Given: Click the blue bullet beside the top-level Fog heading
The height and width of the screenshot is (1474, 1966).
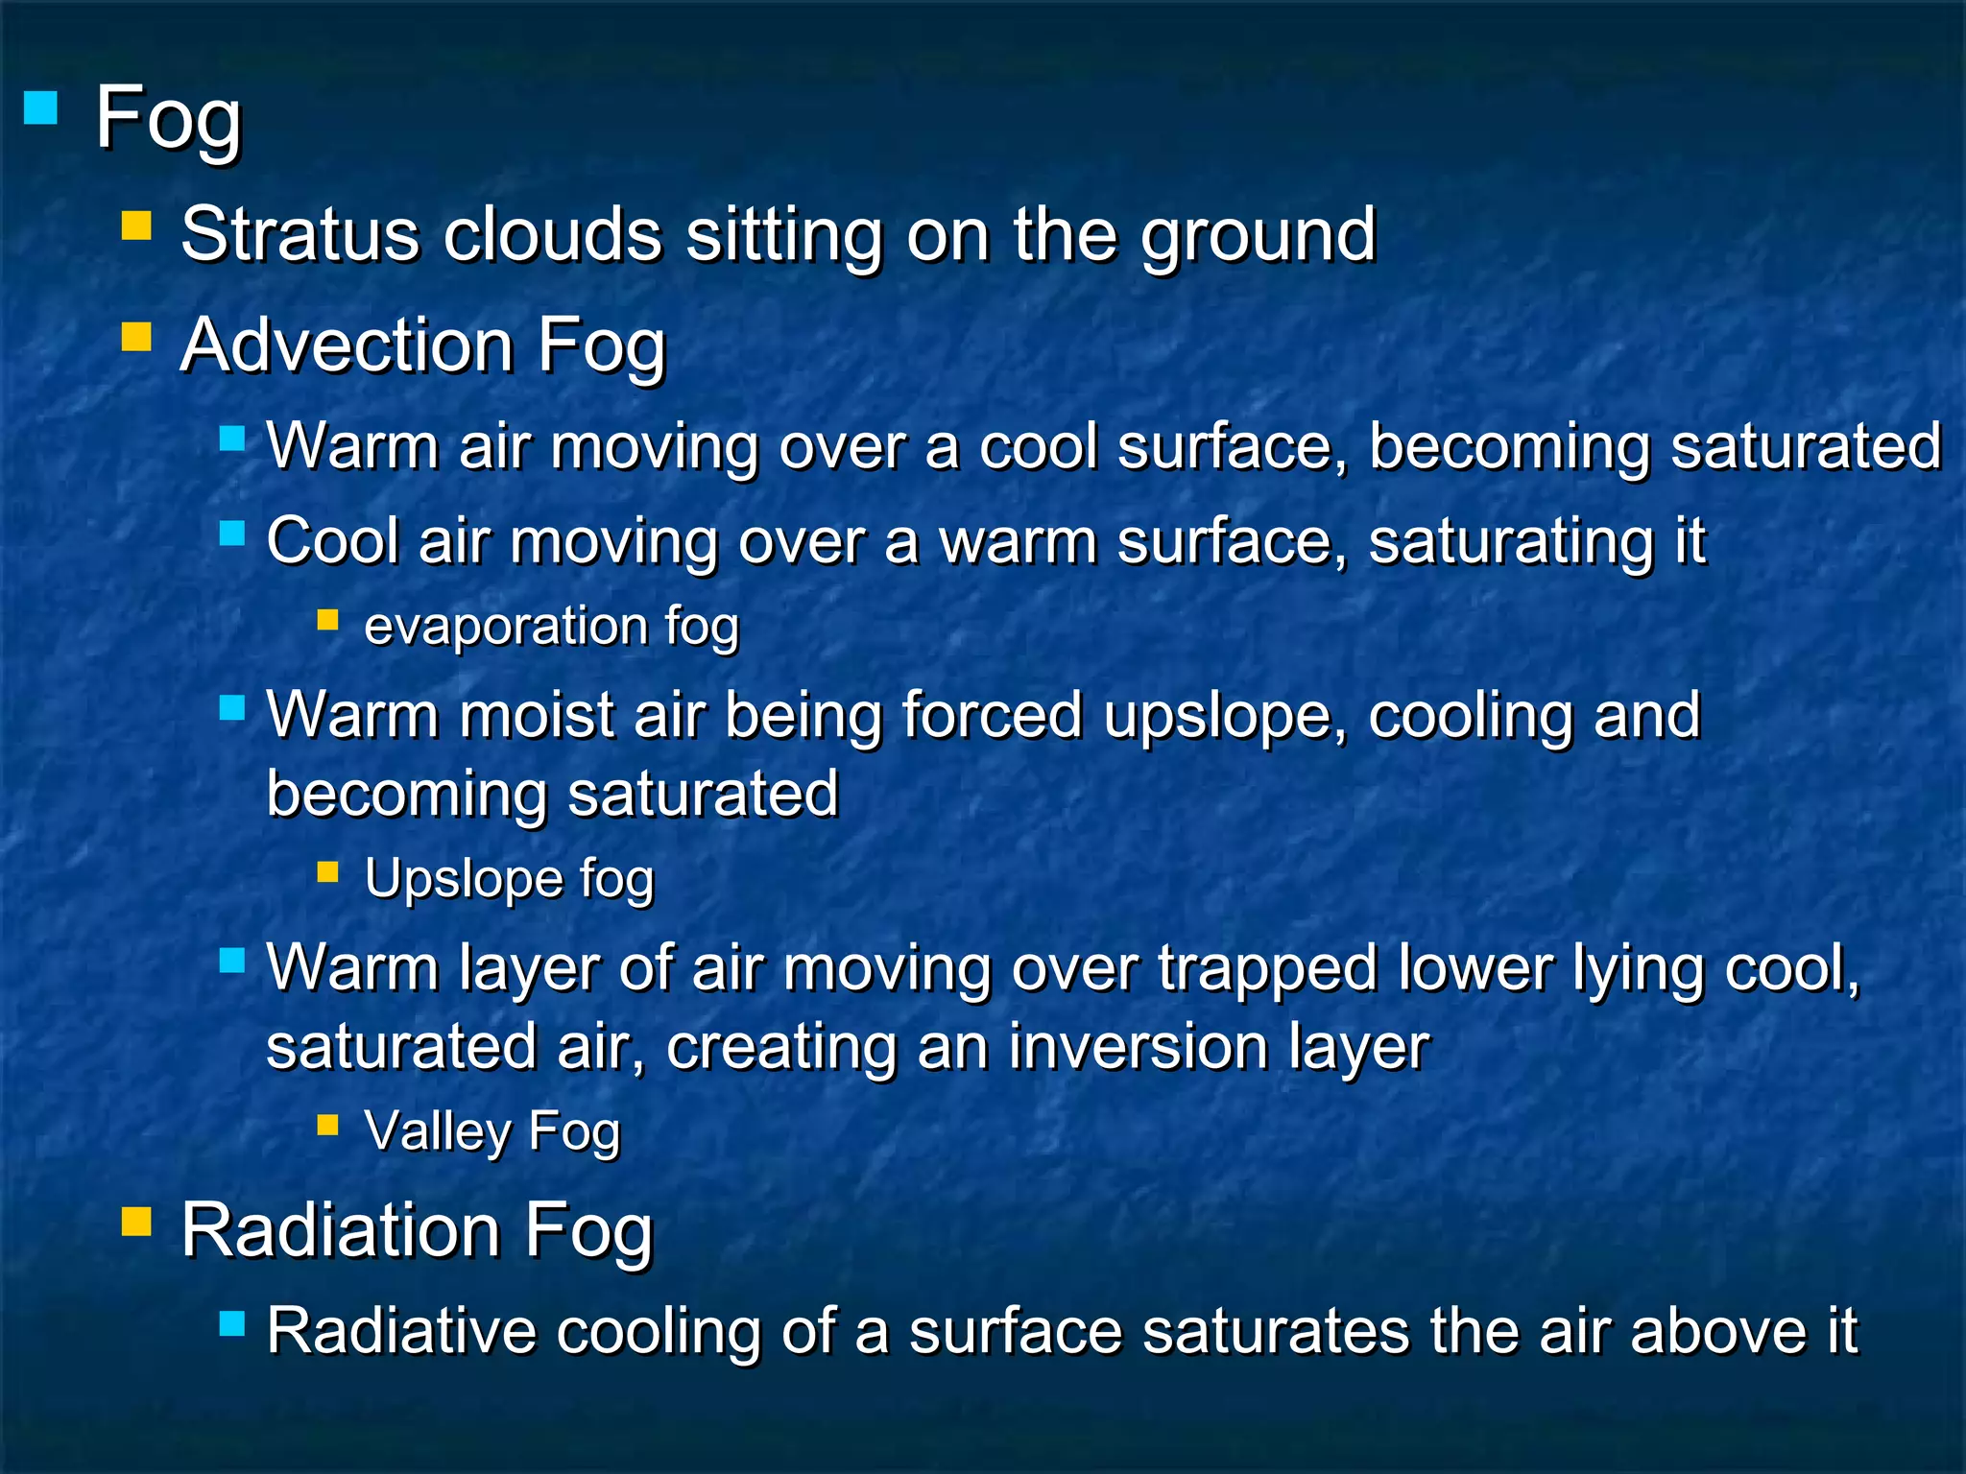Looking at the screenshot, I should [40, 107].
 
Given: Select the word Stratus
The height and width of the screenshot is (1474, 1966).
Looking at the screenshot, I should [300, 234].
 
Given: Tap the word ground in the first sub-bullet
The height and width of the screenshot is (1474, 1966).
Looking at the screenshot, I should [1259, 236].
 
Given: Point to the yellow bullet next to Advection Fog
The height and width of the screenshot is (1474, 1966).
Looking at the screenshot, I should [136, 337].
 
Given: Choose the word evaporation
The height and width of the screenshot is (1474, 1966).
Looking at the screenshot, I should [507, 627].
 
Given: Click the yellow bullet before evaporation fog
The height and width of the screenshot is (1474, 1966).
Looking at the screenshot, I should [328, 620].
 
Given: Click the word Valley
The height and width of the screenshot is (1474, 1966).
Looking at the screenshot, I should [438, 1131].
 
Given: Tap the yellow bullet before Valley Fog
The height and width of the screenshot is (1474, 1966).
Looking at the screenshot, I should [328, 1124].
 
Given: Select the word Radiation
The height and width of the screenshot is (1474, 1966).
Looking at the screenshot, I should [340, 1229].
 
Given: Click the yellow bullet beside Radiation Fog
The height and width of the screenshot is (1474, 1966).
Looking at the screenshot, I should [136, 1222].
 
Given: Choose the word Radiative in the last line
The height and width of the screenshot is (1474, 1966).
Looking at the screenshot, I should [400, 1331].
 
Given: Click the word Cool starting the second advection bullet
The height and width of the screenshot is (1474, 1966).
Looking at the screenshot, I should [331, 541].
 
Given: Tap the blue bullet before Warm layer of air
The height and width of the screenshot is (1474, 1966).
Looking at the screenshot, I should [232, 960].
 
